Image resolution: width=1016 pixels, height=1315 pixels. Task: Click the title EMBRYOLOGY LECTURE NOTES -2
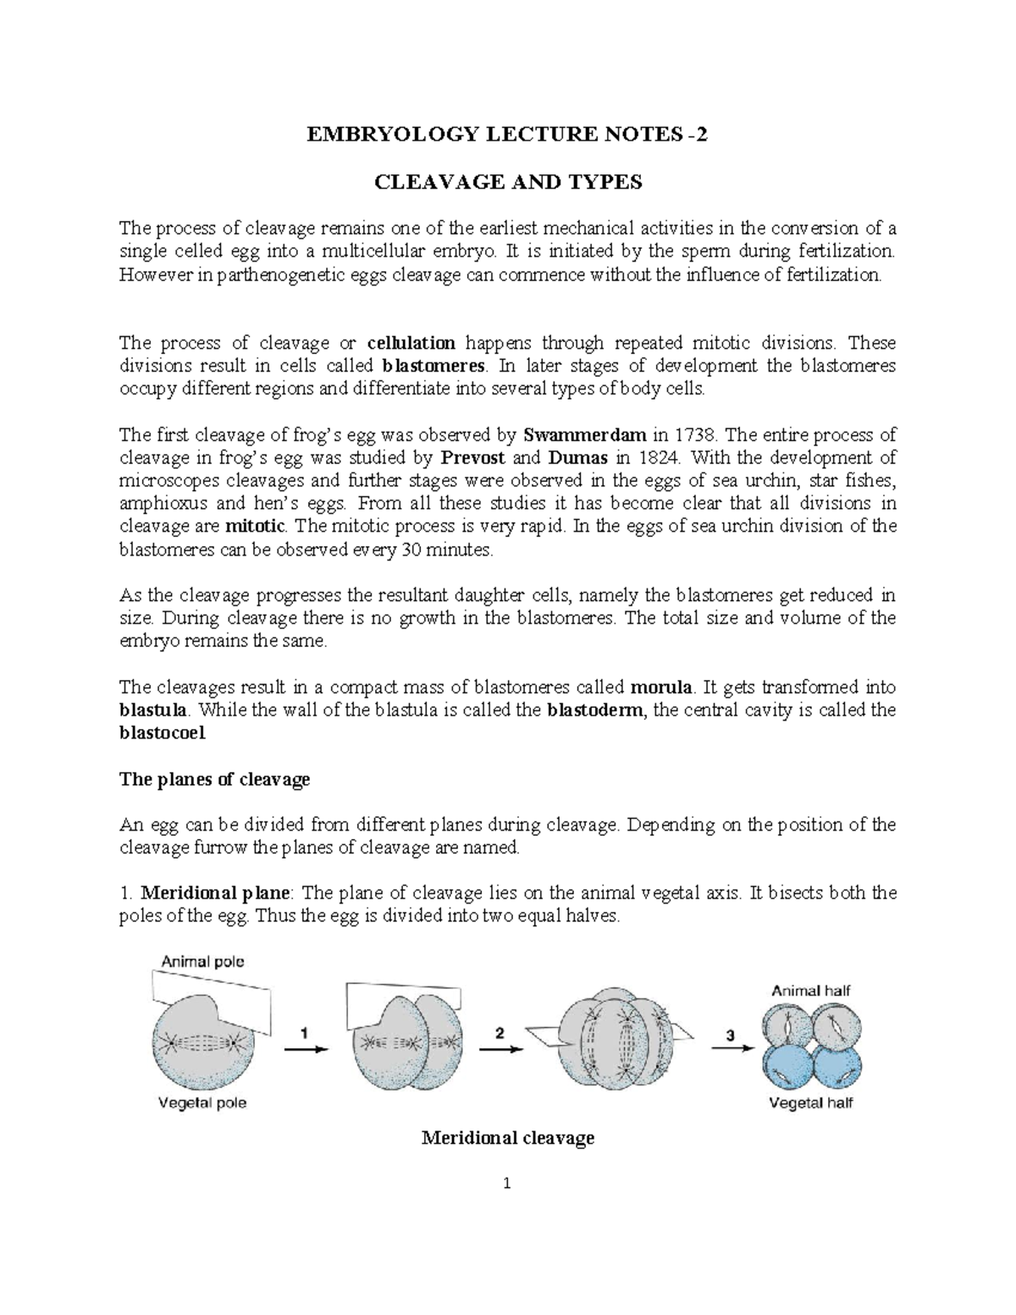(508, 135)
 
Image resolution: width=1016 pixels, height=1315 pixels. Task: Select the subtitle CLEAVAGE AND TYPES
(508, 182)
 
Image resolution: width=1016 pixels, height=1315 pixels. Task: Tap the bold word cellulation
(411, 343)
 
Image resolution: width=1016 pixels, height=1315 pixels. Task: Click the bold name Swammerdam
(584, 435)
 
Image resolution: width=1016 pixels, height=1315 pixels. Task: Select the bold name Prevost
(473, 458)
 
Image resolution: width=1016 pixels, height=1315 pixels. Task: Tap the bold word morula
(663, 687)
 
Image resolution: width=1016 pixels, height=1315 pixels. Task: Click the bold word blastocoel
(162, 733)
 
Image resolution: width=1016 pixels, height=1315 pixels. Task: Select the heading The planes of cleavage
(215, 779)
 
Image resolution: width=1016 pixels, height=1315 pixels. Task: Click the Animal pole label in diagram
(203, 961)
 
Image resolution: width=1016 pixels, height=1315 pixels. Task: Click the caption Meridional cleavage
(508, 1138)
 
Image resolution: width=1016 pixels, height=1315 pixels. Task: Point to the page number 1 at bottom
(507, 1185)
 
